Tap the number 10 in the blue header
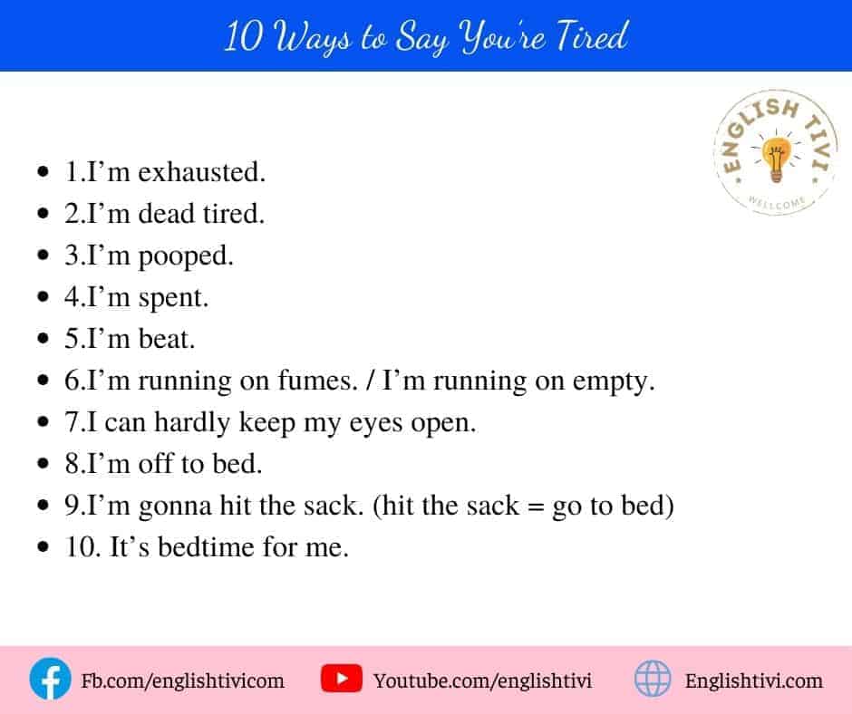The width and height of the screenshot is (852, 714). [244, 37]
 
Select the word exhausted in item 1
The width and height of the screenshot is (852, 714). [201, 172]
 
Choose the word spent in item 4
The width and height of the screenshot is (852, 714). [173, 298]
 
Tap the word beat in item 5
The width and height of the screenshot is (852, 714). [166, 339]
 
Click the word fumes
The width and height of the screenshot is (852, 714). [318, 381]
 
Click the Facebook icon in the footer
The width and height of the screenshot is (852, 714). [50, 679]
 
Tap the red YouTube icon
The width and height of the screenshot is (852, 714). [341, 679]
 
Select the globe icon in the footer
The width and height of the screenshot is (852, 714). [653, 679]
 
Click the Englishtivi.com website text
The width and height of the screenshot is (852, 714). [753, 680]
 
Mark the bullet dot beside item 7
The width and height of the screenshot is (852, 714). [44, 422]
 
